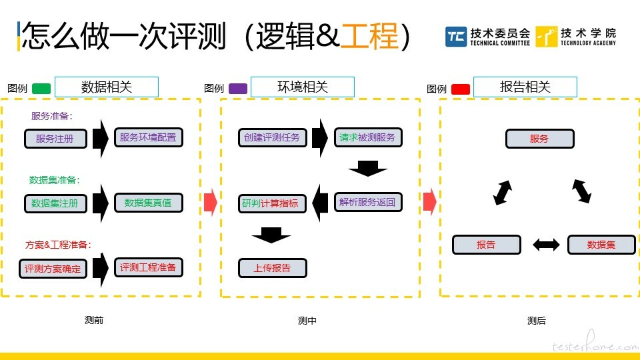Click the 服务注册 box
point(55,139)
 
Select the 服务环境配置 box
point(149,137)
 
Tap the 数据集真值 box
point(149,203)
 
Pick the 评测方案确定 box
point(53,269)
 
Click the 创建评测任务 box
point(272,137)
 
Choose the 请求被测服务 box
point(368,137)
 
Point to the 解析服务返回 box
point(368,202)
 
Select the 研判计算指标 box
point(272,203)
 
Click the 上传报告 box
point(272,268)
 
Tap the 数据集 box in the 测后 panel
point(601,245)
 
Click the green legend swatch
point(41,89)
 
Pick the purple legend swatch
point(238,89)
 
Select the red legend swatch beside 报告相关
point(461,89)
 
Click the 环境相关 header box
point(303,87)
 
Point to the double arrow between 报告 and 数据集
point(546,245)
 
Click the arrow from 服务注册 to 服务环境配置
point(101,139)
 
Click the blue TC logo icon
point(456,37)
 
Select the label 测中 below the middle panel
point(307,321)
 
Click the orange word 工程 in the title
point(369,36)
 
